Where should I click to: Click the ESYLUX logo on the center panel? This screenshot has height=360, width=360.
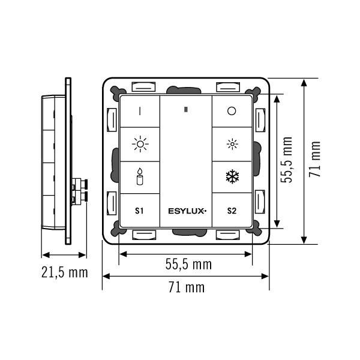[x=187, y=211]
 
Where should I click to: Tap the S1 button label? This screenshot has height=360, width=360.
[x=139, y=211]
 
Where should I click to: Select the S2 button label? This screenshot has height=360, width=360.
[x=232, y=211]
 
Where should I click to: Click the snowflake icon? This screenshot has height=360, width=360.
[x=232, y=176]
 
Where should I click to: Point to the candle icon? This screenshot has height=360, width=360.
[x=140, y=176]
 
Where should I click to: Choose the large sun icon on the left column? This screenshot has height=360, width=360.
[x=140, y=144]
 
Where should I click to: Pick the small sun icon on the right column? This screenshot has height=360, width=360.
[x=232, y=144]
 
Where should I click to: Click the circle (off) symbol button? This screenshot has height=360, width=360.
[x=232, y=111]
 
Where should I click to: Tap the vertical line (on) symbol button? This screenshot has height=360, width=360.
[x=140, y=111]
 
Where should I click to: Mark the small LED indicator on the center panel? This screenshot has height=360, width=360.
[x=186, y=110]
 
